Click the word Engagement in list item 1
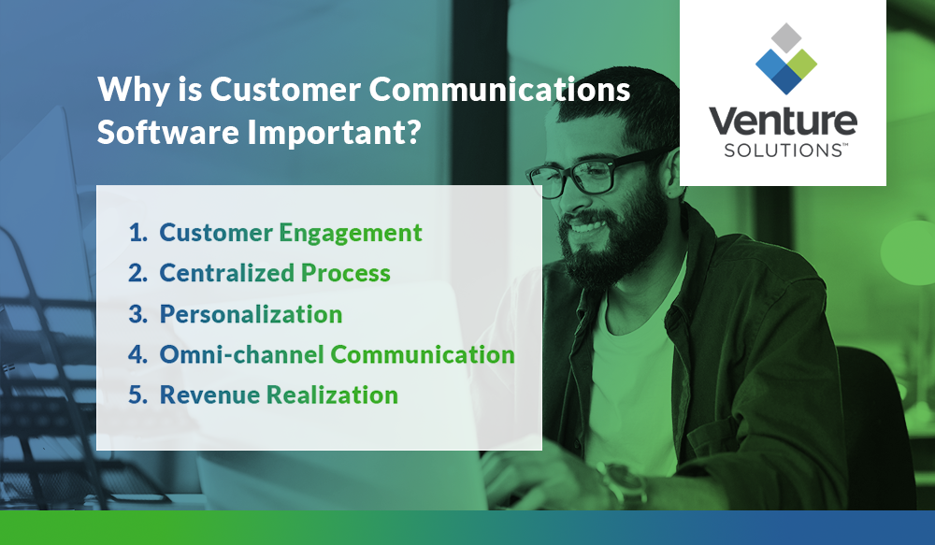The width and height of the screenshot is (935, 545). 351,233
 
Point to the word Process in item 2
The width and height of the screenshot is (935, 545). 345,273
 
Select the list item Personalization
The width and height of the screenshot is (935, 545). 251,314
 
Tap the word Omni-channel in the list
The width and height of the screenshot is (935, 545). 241,354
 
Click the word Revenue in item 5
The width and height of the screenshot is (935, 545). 209,394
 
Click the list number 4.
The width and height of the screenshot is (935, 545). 137,354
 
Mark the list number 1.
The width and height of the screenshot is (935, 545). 137,233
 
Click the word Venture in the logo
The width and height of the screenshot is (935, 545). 783,122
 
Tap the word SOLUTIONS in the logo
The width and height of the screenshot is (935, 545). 779,151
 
